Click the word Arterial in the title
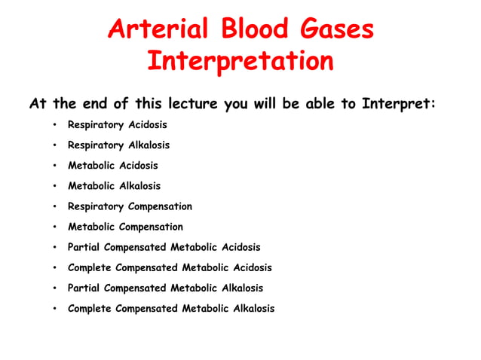[156, 29]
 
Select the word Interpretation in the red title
[240, 61]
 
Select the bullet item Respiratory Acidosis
[117, 124]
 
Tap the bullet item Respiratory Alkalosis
[118, 145]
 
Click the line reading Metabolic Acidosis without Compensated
[112, 165]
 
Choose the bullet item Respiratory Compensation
[130, 206]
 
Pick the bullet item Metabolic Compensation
[125, 226]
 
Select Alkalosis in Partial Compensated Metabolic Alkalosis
[241, 288]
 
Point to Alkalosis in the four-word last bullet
[252, 308]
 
